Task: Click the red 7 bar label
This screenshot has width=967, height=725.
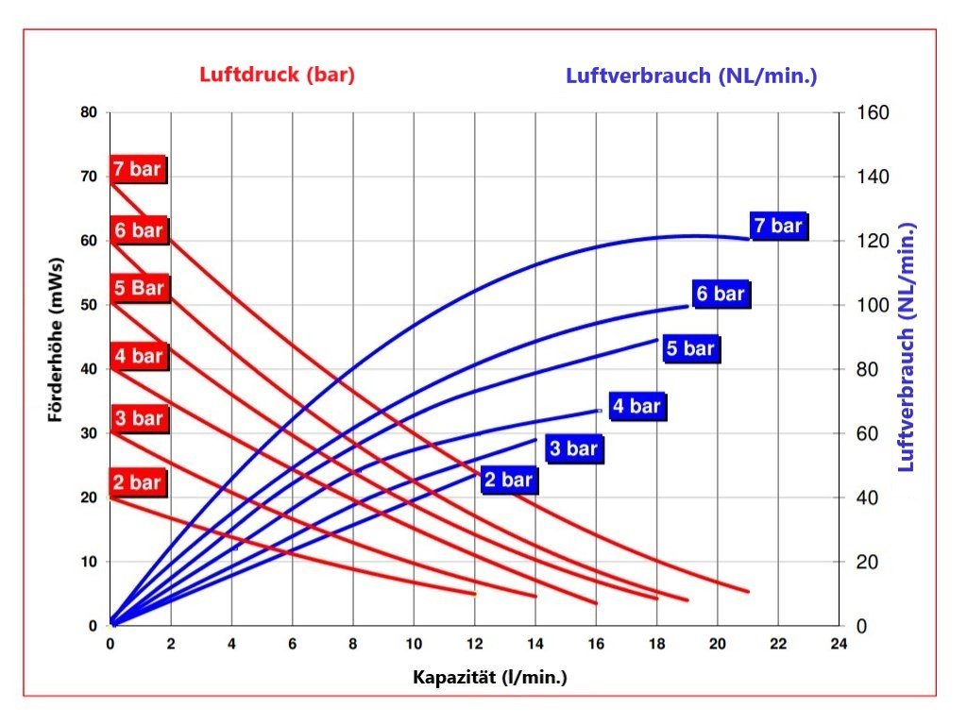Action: pos(138,171)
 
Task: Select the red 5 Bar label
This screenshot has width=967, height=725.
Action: pos(139,288)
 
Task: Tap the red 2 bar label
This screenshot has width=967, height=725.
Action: pos(138,483)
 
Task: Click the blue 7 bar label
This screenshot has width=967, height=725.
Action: pos(778,227)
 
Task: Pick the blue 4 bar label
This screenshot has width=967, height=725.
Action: pos(636,407)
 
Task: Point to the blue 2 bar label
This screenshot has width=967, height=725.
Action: pos(508,481)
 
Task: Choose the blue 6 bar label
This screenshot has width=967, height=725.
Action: pos(721,295)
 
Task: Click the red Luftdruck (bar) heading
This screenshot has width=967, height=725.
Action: pos(277,76)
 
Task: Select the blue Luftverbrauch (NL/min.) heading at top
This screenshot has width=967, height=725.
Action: pos(691,76)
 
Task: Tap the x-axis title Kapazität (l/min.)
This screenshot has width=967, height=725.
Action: pos(489,678)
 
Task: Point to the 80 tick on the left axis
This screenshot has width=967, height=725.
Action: pos(89,112)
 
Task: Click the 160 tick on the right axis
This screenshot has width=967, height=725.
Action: pos(872,113)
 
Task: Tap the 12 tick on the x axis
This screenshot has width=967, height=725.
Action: pos(474,645)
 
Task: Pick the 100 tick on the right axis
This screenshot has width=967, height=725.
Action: pos(872,306)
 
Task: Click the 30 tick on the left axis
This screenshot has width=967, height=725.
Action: pos(89,433)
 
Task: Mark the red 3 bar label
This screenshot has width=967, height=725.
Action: pos(139,418)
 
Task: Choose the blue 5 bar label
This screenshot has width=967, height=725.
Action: pos(690,349)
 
